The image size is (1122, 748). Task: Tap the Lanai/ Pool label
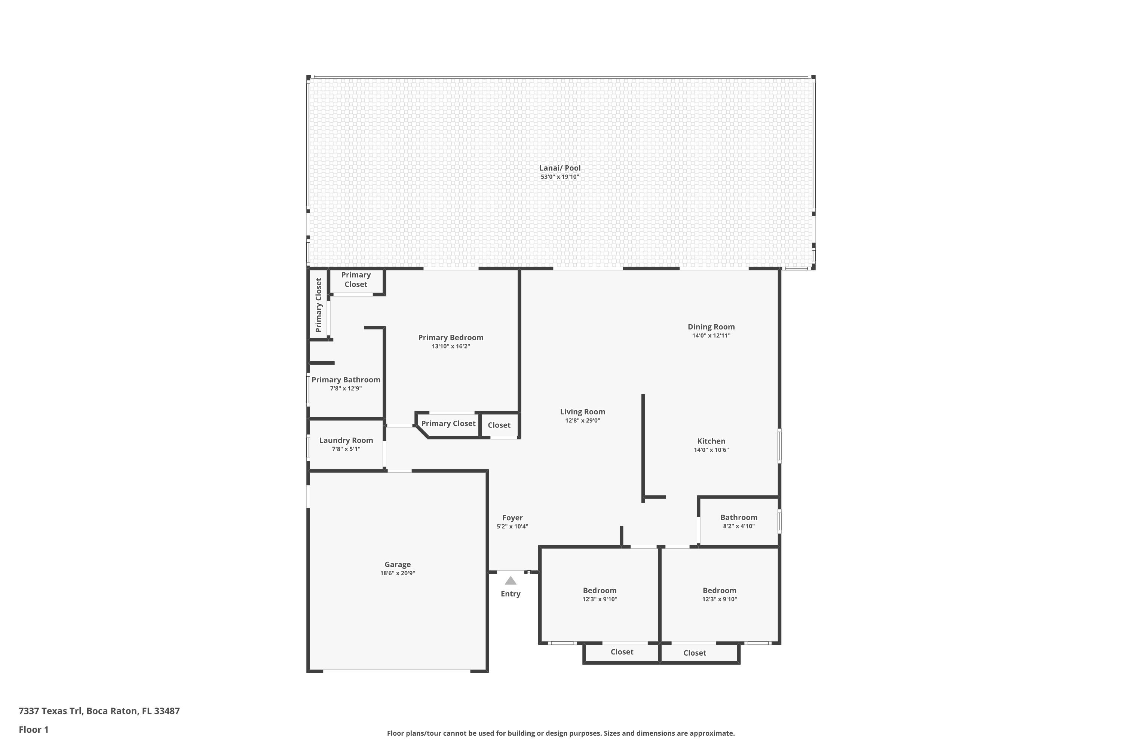pos(560,168)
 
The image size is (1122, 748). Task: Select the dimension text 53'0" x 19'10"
pos(560,177)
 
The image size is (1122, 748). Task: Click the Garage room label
pos(397,564)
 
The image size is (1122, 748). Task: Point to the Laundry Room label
pos(346,440)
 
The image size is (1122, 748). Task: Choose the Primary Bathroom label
pos(346,380)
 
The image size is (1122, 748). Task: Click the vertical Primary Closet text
pos(319,305)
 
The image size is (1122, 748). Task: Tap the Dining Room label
pos(711,327)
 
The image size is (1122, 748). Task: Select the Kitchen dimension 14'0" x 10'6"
pos(711,450)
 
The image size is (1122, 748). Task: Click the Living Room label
pos(582,412)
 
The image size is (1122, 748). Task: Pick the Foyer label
pos(512,518)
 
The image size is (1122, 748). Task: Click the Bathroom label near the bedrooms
pos(738,517)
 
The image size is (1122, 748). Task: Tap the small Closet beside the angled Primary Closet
pos(499,425)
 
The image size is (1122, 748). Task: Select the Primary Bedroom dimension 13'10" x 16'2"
pos(451,346)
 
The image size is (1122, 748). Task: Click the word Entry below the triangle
pos(511,594)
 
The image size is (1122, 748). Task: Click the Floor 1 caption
pos(33,729)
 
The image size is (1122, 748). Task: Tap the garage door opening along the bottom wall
pos(397,671)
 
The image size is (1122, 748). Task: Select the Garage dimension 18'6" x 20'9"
pos(397,573)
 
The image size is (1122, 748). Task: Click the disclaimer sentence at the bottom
pos(561,733)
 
